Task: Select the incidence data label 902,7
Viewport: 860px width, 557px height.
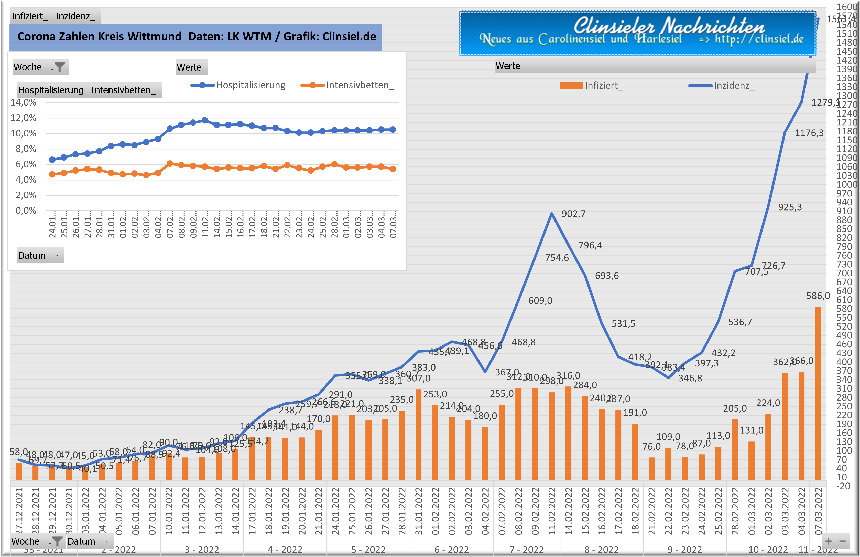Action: click(573, 214)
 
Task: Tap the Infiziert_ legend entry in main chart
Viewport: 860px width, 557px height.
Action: click(592, 85)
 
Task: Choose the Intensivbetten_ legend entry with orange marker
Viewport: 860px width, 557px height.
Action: click(347, 85)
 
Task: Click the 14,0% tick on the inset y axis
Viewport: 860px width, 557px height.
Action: click(23, 102)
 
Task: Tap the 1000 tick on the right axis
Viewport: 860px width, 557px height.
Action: click(847, 184)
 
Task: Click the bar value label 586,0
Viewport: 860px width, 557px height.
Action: click(818, 296)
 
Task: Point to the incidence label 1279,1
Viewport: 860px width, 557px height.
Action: click(825, 103)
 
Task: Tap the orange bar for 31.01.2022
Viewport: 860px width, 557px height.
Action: click(418, 434)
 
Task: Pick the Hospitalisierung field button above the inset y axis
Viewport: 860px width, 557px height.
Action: click(51, 90)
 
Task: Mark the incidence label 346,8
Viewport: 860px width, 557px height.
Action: click(690, 378)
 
